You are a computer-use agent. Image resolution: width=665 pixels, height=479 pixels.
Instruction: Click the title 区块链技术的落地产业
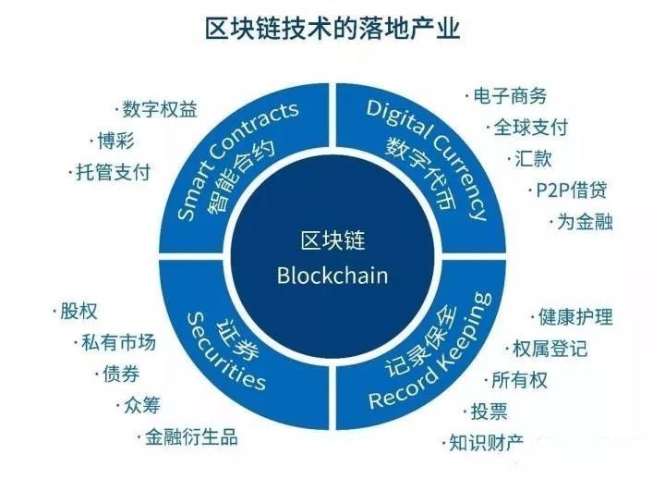click(332, 29)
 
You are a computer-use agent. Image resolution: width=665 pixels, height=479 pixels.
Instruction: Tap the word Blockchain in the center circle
click(332, 275)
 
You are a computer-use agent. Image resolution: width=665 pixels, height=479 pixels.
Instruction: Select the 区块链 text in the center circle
click(332, 242)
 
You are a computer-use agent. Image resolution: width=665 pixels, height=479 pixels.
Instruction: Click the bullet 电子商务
click(508, 96)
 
